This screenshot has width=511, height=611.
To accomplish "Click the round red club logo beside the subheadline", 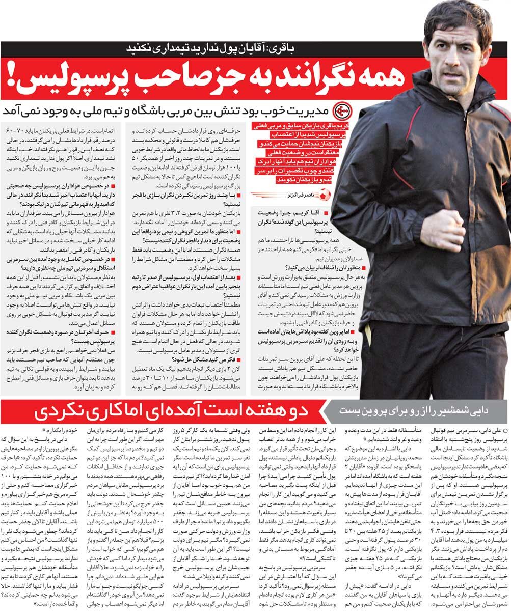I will click(x=341, y=110).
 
